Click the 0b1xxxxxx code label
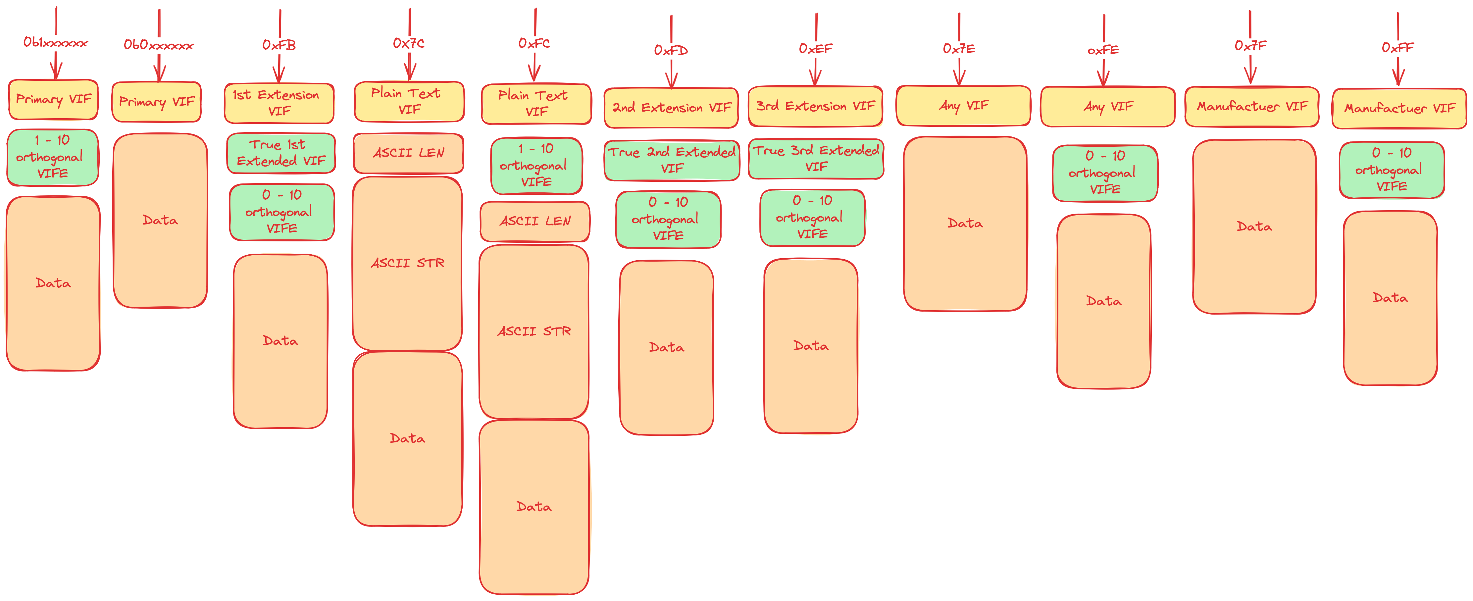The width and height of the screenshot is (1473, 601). point(55,43)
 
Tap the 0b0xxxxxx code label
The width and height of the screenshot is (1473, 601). point(158,45)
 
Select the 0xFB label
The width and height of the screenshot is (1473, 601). point(279,45)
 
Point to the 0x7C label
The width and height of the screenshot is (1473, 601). point(409,43)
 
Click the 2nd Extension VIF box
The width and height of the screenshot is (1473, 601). point(671,108)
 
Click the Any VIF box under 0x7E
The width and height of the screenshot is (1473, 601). point(964,106)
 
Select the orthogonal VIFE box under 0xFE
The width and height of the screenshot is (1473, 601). point(1105,173)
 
